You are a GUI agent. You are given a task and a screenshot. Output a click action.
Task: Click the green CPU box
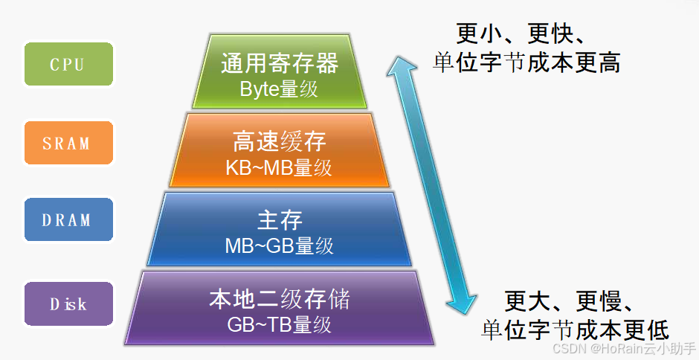[x=68, y=64]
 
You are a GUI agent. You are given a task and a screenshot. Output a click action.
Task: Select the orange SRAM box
[x=68, y=142]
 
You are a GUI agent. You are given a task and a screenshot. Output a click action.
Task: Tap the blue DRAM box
[x=68, y=219]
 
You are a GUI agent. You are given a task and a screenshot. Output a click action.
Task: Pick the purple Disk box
[x=68, y=303]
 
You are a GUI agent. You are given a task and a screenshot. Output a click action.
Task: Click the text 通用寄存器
[x=280, y=63]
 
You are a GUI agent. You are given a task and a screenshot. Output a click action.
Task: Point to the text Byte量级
[x=279, y=89]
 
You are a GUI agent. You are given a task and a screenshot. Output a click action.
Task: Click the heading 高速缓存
[x=280, y=141]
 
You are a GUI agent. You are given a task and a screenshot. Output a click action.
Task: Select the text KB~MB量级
[x=279, y=167]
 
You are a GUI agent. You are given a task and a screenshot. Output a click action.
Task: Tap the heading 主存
[x=280, y=220]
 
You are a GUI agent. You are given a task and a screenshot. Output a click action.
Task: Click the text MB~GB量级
[x=279, y=245]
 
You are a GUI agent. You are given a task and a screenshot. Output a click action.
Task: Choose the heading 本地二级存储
[x=280, y=300]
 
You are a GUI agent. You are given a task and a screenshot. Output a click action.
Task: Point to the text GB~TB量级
[x=279, y=325]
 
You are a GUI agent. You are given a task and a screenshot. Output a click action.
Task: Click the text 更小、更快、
[x=524, y=33]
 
